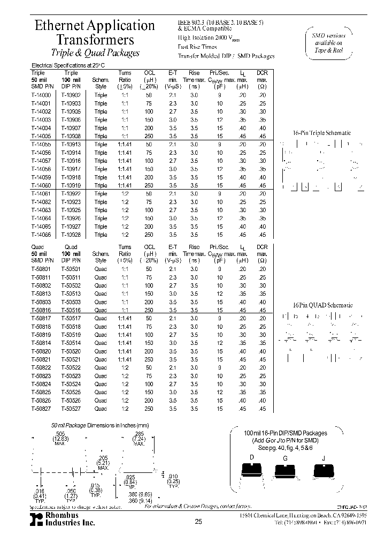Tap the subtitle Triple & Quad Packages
[95, 53]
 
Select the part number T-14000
[41, 95]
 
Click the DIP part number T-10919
[71, 185]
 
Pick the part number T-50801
[41, 269]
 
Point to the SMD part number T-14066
[41, 235]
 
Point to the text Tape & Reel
[328, 50]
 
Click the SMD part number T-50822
[41, 367]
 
